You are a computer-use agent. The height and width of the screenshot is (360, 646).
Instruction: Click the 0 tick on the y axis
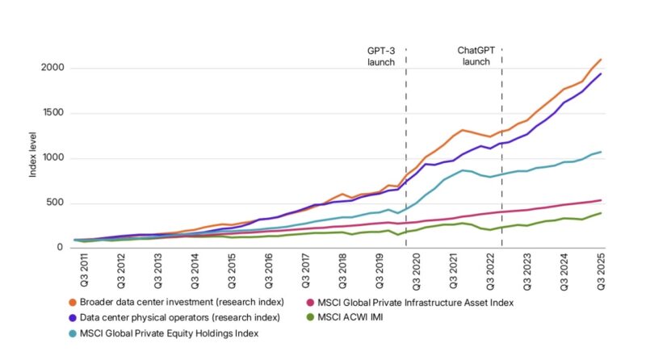[x=61, y=248]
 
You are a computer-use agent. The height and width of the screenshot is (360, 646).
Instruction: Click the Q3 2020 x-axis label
[x=417, y=271]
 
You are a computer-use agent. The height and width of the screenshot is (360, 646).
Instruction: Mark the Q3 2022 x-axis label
[x=491, y=271]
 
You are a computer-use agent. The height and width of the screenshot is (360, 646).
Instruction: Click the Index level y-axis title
[x=33, y=157]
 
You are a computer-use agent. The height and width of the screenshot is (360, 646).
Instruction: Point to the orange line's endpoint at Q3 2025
[x=600, y=60]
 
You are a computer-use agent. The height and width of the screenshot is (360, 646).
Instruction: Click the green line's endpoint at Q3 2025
[x=600, y=213]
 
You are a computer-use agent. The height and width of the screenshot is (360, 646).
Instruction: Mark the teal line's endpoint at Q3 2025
[x=600, y=152]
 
